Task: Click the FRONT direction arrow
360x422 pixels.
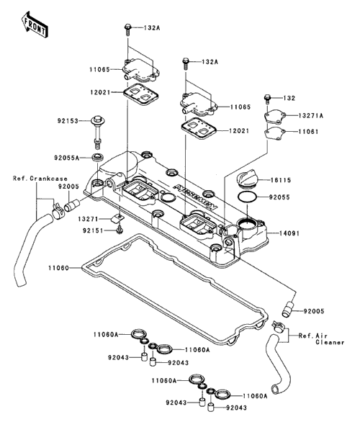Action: [35, 24]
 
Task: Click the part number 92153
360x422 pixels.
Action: [68, 121]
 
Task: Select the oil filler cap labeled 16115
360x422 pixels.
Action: [247, 178]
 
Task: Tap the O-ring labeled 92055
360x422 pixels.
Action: [247, 197]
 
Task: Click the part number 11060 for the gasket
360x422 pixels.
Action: [58, 268]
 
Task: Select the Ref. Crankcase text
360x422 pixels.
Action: [40, 179]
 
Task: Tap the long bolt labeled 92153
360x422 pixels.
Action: [97, 132]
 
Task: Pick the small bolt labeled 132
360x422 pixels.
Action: [267, 99]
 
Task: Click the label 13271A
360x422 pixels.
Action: [311, 116]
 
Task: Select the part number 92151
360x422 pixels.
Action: [94, 230]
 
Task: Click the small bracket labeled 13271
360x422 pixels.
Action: [117, 218]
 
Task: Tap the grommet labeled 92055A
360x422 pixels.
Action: [97, 157]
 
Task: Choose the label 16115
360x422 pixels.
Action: [281, 180]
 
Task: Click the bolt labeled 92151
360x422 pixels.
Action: [120, 230]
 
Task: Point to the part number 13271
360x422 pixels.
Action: [89, 219]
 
